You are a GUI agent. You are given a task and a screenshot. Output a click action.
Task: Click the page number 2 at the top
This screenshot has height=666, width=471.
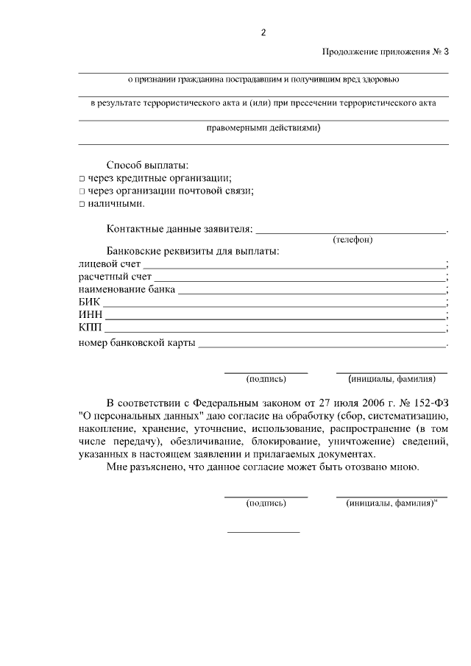coord(263,32)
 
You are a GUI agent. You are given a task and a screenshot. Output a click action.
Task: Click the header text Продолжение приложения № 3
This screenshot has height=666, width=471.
coord(385,52)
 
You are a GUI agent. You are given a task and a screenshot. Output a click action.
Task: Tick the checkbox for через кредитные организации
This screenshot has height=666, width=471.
coord(82,179)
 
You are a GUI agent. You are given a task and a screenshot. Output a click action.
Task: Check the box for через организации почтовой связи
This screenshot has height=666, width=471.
coord(82,191)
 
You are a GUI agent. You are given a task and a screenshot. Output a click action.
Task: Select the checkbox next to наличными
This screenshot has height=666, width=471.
coord(82,204)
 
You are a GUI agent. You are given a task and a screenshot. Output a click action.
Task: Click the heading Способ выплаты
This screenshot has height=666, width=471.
coord(147,165)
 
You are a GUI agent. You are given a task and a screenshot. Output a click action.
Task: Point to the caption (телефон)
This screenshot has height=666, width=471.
coord(353,240)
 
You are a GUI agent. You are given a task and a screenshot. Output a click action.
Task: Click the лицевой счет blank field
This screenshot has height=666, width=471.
coord(294,264)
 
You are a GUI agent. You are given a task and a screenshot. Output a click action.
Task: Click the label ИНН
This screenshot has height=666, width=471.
coord(91,315)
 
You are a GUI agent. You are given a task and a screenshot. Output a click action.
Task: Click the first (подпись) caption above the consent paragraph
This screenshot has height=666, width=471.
coord(266,380)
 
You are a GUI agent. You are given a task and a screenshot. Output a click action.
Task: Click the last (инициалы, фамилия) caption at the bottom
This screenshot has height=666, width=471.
coord(392,504)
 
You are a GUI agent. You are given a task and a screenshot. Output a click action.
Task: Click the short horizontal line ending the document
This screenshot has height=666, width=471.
coord(263,531)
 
